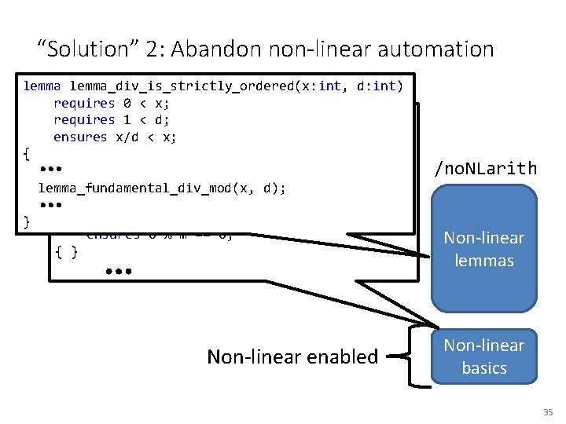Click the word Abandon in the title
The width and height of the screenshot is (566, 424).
(218, 49)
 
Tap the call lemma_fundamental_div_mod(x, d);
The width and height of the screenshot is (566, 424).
(162, 188)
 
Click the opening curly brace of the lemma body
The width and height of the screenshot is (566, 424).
(27, 154)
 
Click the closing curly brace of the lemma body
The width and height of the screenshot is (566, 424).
(27, 222)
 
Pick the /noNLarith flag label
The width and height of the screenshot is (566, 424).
(486, 168)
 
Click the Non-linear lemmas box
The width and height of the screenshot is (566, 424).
(483, 248)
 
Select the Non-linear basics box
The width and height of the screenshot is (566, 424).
(483, 356)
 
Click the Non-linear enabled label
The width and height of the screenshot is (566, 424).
(292, 356)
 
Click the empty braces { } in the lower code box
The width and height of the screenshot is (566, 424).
(66, 251)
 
